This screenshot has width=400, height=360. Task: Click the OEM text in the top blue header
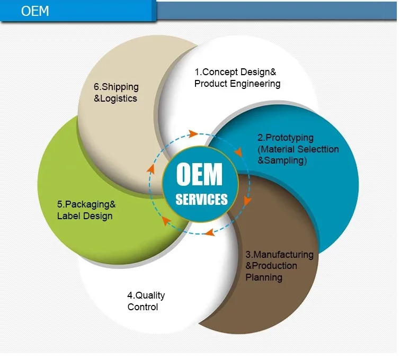[35, 11]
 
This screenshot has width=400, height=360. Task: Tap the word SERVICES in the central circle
[201, 200]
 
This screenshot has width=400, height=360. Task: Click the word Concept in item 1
[220, 72]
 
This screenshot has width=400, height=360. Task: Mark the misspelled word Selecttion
[318, 149]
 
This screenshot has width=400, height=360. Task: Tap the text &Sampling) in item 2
[282, 161]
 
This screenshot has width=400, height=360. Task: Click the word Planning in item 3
[264, 277]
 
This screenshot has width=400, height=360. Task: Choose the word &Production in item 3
[271, 266]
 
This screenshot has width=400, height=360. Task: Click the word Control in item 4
[143, 307]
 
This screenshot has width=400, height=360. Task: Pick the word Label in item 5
[69, 216]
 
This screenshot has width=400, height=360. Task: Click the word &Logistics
[115, 98]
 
